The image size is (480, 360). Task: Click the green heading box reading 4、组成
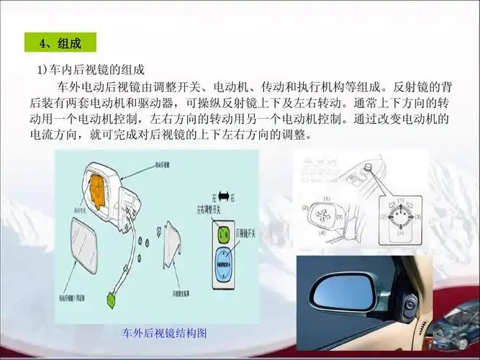click(62, 42)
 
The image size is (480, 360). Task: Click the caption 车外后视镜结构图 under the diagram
click(165, 333)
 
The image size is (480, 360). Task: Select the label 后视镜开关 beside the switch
click(248, 235)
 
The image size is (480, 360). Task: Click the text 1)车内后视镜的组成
click(91, 70)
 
